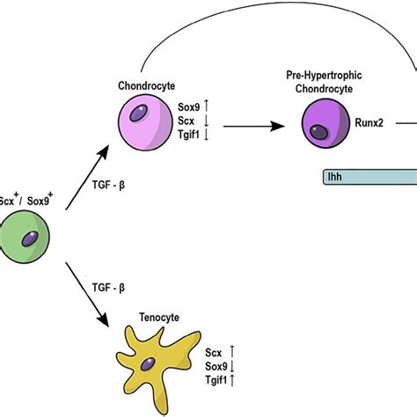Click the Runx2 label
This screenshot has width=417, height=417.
click(x=371, y=127)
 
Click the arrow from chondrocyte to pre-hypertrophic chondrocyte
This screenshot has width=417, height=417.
click(x=256, y=127)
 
